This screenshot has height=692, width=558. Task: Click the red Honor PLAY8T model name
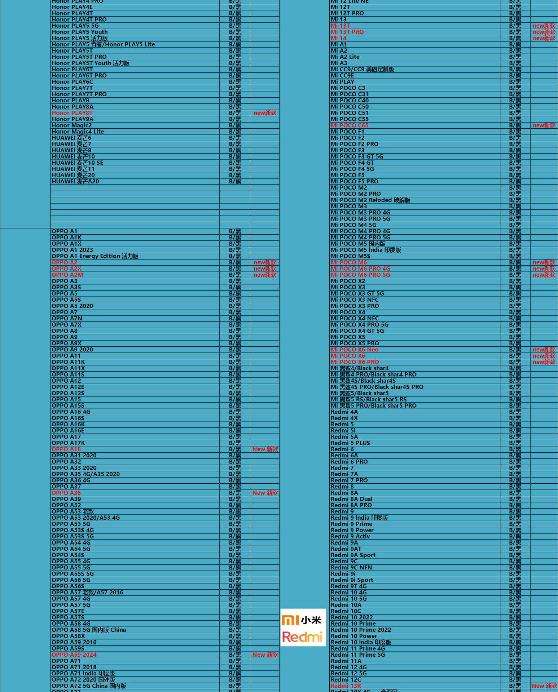72,113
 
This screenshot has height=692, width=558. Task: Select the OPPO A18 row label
66,449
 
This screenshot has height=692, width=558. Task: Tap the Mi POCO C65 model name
350,125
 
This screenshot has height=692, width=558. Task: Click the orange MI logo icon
290,620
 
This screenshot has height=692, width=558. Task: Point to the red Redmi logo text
302,636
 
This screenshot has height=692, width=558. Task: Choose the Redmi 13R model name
346,686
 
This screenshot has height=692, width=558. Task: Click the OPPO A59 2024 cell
74,655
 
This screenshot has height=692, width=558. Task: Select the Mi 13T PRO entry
347,32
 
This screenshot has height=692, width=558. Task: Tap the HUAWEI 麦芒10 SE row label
77,163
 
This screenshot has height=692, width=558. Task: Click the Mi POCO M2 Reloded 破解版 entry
370,200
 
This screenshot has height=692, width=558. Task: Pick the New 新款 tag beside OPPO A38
265,493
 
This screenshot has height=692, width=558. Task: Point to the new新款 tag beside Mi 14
544,38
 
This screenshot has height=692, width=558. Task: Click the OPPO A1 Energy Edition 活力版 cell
95,256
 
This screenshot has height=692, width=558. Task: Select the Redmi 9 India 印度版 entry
359,518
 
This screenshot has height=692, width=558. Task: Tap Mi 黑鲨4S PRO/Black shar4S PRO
377,387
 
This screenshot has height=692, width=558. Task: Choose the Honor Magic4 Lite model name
78,132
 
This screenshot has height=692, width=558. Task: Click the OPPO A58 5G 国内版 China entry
89,630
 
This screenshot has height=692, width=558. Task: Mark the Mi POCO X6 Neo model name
354,350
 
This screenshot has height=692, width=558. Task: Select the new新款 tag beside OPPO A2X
265,269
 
